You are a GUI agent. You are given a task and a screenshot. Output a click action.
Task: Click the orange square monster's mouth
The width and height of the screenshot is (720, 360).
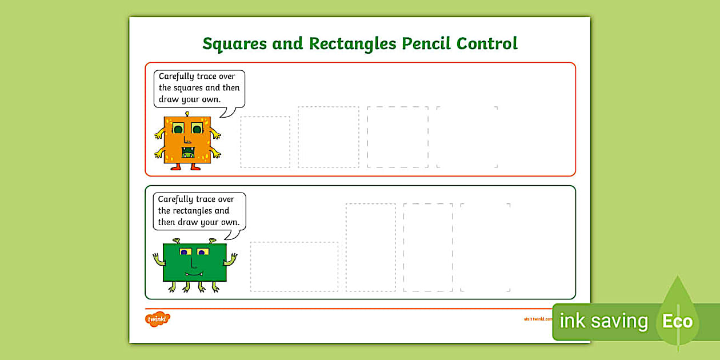tap(188, 153)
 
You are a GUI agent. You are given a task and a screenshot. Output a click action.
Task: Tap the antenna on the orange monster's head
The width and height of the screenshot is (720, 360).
tap(187, 114)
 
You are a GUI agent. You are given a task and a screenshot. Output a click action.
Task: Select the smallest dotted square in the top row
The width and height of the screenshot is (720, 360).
tap(265, 142)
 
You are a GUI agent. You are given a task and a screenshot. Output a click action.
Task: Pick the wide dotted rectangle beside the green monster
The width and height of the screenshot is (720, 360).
tap(294, 266)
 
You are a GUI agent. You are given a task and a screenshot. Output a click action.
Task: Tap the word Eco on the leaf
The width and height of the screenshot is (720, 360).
tap(677, 321)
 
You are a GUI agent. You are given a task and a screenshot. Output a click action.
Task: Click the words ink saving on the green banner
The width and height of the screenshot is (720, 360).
tap(603, 321)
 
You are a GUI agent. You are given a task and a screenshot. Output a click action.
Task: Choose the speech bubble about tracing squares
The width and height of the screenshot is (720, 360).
tap(199, 88)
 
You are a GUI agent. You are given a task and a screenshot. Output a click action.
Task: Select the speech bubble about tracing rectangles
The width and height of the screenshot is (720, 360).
tap(199, 211)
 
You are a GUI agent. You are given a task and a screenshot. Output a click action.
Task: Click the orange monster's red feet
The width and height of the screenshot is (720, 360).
tap(187, 167)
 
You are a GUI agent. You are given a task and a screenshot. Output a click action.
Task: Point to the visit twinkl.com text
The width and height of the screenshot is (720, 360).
tap(537, 319)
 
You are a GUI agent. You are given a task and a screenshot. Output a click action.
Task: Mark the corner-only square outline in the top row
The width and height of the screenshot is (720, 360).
tap(467, 137)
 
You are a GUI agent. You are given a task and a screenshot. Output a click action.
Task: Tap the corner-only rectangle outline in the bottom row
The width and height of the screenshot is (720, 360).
tap(485, 247)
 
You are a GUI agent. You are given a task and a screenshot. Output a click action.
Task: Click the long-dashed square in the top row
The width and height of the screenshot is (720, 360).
tap(398, 137)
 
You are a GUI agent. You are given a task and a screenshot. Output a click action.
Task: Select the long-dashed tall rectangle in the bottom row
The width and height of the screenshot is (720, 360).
tap(428, 247)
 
